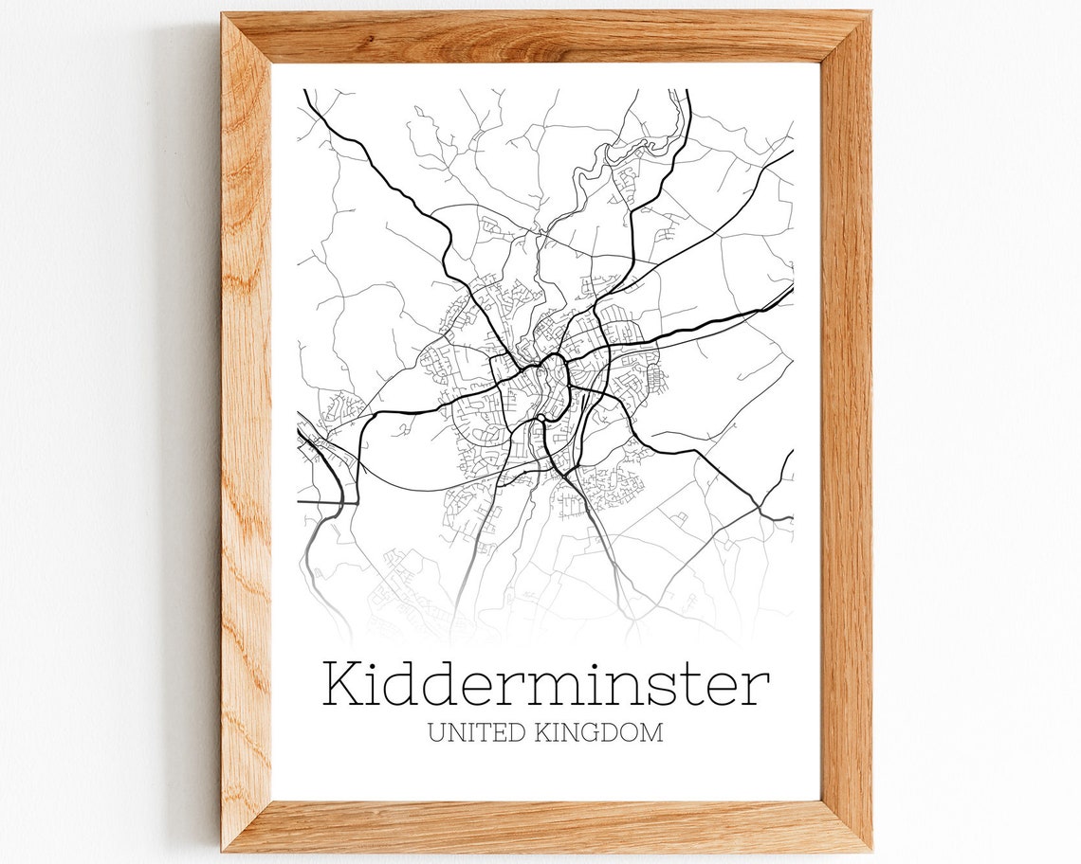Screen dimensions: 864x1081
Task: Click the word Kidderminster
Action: click(545, 683)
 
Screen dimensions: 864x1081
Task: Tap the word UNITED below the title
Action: click(470, 733)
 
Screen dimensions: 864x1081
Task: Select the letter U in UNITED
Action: click(436, 733)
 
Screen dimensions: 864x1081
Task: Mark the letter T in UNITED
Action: click(480, 733)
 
